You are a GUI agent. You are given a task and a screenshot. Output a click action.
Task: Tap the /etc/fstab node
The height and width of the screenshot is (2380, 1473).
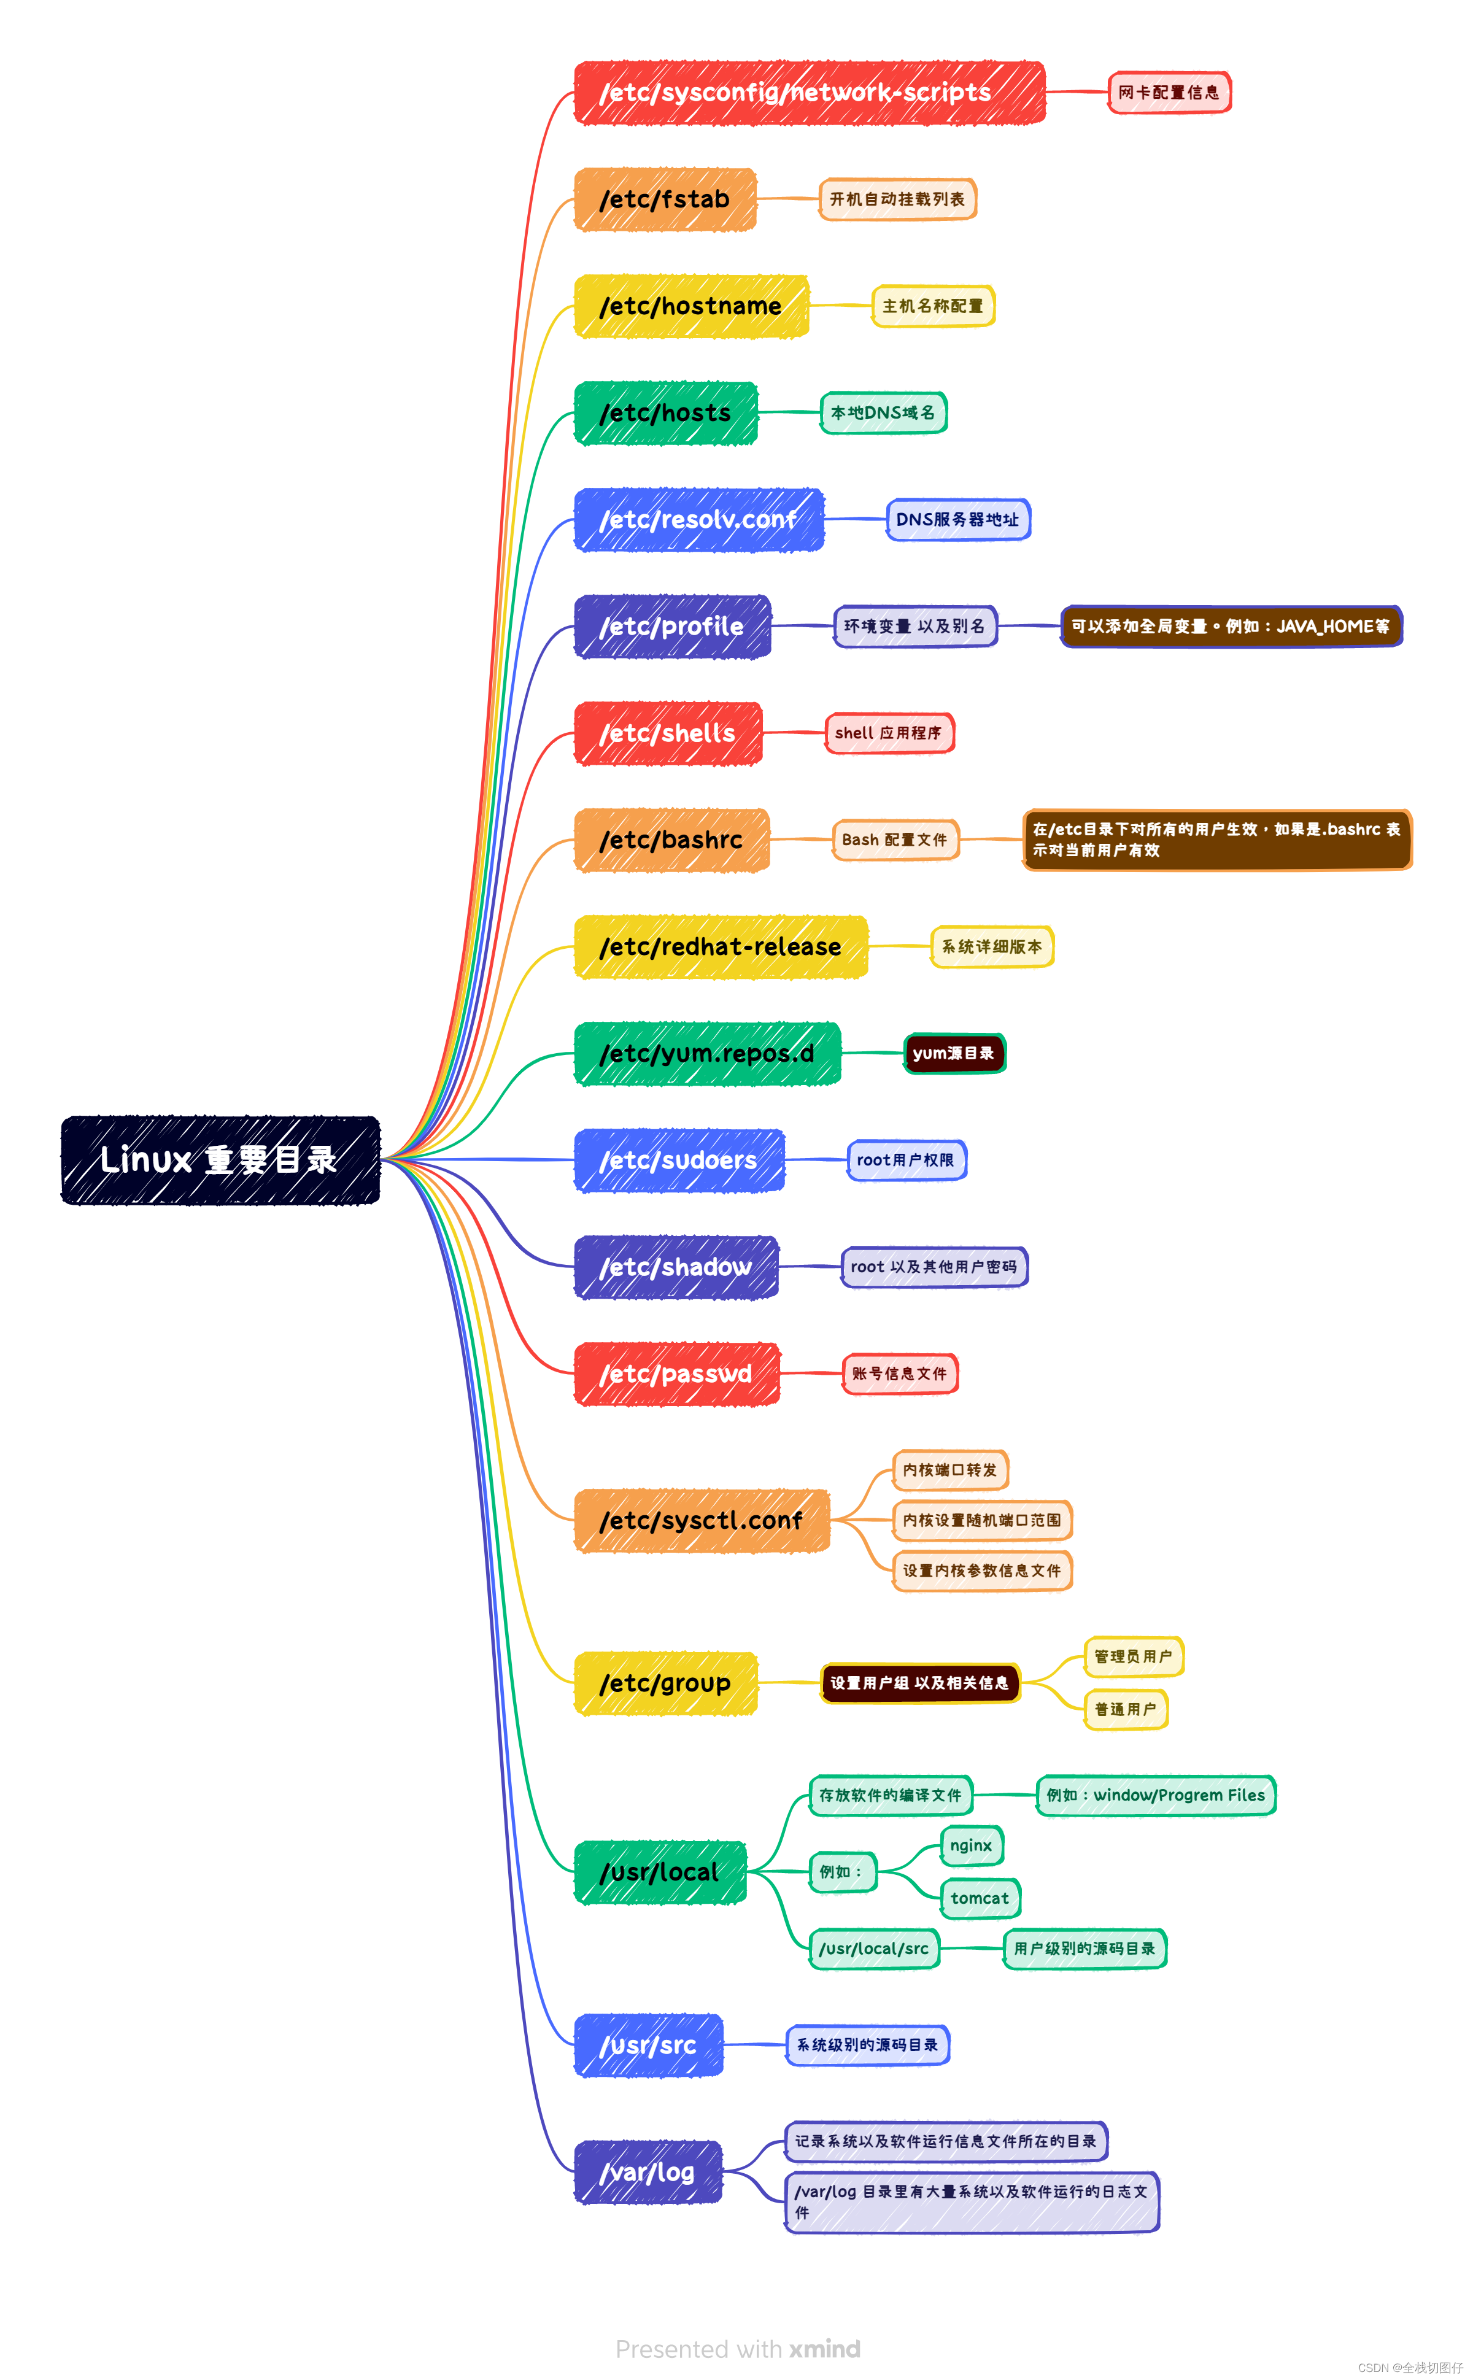[x=665, y=199]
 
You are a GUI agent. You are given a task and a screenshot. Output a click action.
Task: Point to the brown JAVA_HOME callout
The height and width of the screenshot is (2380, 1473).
[x=1231, y=627]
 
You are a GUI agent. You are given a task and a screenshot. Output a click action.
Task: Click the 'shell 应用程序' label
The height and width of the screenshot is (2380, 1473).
[x=889, y=733]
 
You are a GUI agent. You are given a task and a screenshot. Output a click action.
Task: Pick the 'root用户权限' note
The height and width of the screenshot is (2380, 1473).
[x=906, y=1161]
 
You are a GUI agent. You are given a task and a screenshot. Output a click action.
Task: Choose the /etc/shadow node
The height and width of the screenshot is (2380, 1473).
[x=676, y=1267]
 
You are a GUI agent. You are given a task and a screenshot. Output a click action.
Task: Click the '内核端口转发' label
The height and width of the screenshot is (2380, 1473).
[x=950, y=1470]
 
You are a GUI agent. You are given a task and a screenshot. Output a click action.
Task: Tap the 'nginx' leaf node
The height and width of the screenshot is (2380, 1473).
[x=972, y=1845]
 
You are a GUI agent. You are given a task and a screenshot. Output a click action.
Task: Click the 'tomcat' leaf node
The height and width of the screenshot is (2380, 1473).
[x=980, y=1898]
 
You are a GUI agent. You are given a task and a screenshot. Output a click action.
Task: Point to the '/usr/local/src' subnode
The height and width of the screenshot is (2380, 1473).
[x=874, y=1949]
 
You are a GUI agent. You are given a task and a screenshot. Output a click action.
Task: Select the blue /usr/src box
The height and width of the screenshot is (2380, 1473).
[x=649, y=2045]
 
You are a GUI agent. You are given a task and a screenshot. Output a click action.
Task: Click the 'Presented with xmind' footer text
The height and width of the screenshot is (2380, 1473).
[x=738, y=2349]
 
